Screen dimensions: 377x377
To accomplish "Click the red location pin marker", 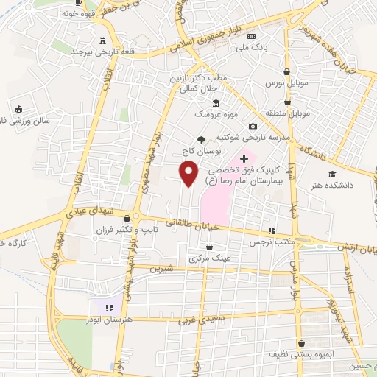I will pyautogui.click(x=190, y=173).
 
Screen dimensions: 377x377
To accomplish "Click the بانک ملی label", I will pyautogui.click(x=249, y=47).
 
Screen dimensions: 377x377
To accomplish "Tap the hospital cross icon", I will pyautogui.click(x=244, y=159).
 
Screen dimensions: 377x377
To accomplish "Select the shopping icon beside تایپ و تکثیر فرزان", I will pyautogui.click(x=128, y=218).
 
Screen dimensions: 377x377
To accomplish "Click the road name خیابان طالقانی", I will pyautogui.click(x=195, y=225).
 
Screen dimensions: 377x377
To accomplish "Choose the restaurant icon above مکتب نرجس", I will pyautogui.click(x=271, y=230).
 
